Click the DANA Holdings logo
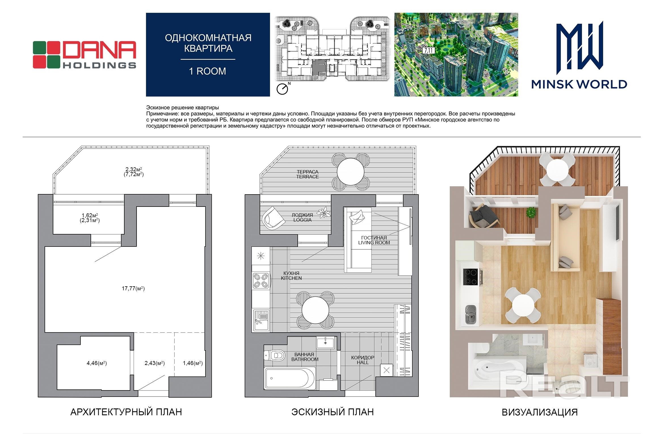(x=84, y=55)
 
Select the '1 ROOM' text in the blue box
(x=208, y=71)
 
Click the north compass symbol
(x=283, y=88)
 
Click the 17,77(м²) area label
(x=133, y=289)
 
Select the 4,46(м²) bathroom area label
(x=96, y=363)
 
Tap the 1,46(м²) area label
(x=193, y=363)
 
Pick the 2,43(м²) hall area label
(x=155, y=363)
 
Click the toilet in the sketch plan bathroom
(x=274, y=355)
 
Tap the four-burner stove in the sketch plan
(x=261, y=281)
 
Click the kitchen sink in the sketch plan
(x=261, y=320)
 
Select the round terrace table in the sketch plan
(x=350, y=172)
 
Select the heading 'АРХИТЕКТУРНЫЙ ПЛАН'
(x=126, y=412)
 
